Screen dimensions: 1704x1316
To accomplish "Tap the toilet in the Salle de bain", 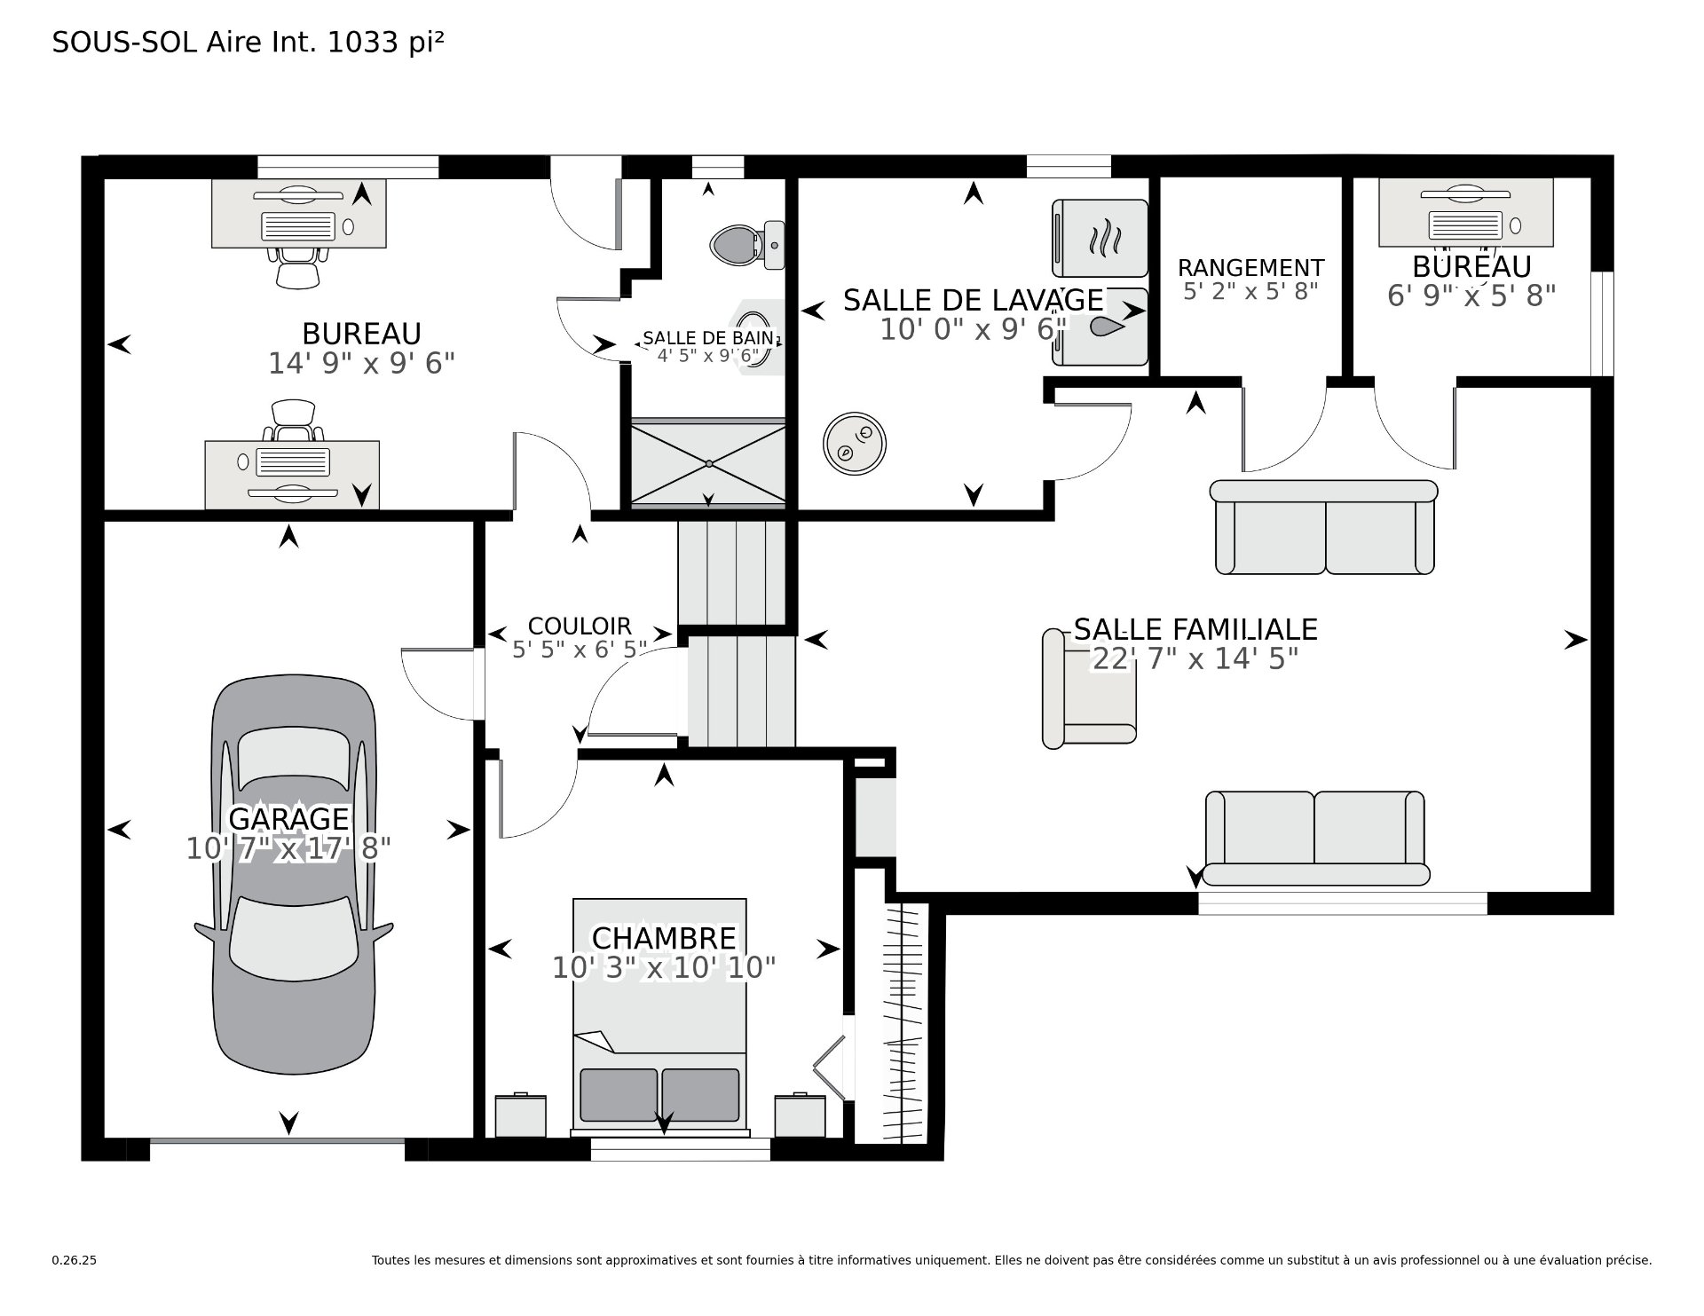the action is (x=747, y=244).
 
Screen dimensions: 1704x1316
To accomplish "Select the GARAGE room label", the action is (x=289, y=817).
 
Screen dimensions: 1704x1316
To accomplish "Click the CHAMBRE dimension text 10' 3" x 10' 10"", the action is (x=664, y=967).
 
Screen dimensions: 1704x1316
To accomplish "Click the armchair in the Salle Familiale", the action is (x=1089, y=689).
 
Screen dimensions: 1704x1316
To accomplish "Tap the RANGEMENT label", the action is (x=1250, y=267).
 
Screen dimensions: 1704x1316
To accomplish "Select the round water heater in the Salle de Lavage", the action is (x=854, y=443).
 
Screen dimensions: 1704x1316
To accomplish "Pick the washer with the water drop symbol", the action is (x=1100, y=327).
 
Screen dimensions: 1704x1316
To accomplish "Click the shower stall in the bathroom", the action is (x=708, y=462).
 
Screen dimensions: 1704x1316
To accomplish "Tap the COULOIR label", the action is (x=580, y=626).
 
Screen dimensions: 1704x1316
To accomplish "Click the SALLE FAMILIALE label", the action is (x=1195, y=629).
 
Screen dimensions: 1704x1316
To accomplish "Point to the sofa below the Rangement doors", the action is (x=1323, y=527).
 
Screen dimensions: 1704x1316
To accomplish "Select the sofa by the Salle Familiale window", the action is (x=1315, y=838).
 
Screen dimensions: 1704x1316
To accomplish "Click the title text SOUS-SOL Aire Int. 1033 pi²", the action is (x=248, y=42).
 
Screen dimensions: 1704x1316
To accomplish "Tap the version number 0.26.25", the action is (x=74, y=1285).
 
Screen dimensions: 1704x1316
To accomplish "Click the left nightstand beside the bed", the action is (x=520, y=1115).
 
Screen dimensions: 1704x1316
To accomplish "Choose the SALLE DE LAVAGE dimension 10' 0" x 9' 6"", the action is (x=973, y=329).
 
